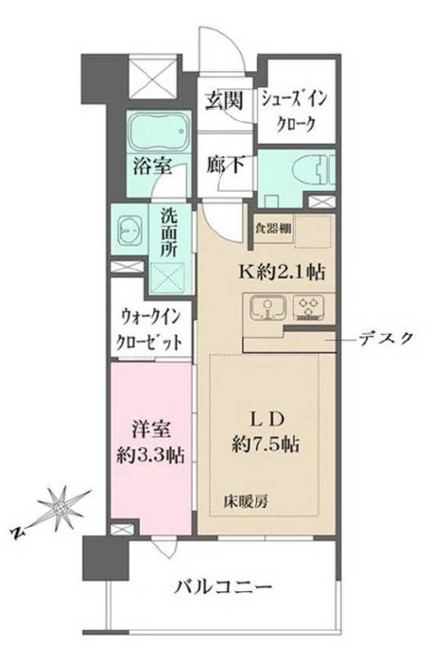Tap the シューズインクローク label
pos(295,110)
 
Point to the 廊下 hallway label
pos(226,165)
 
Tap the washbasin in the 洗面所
pos(128,231)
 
